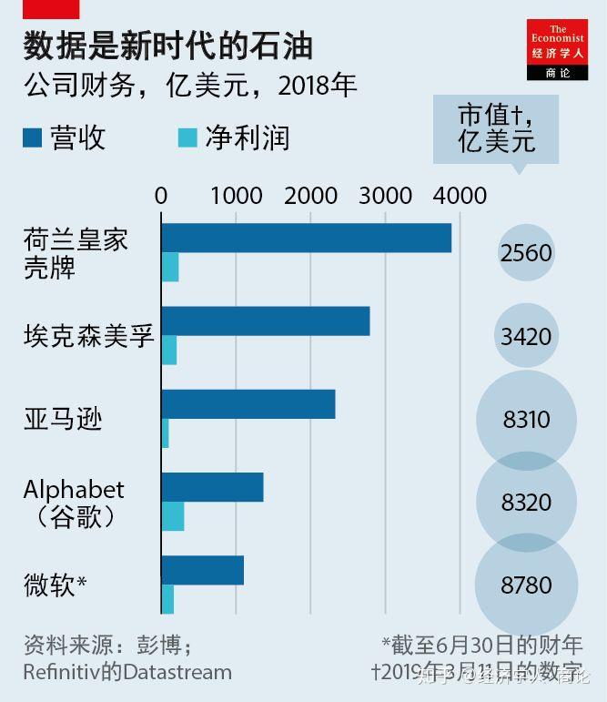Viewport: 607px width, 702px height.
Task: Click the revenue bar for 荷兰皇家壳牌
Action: point(306,238)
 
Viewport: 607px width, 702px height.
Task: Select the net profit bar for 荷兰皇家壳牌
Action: point(170,269)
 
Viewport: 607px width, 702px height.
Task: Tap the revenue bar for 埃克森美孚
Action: point(265,321)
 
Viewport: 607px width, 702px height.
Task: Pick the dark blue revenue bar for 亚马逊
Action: point(248,403)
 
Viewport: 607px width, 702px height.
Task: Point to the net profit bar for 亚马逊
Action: point(165,433)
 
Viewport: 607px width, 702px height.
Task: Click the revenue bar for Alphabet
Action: point(212,487)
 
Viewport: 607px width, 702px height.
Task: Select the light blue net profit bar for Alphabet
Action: point(172,516)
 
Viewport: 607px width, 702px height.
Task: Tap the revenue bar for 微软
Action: point(202,570)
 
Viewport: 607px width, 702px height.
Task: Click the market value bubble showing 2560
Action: point(526,252)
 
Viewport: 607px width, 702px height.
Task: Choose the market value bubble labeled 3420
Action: point(526,336)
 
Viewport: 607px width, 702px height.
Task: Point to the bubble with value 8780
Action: point(526,585)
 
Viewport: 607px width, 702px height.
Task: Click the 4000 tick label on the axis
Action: point(460,195)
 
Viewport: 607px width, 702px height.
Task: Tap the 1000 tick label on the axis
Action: point(236,195)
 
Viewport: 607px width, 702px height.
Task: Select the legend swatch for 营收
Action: point(33,138)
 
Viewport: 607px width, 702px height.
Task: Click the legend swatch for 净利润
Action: point(187,138)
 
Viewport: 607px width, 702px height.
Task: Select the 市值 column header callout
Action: point(496,129)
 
